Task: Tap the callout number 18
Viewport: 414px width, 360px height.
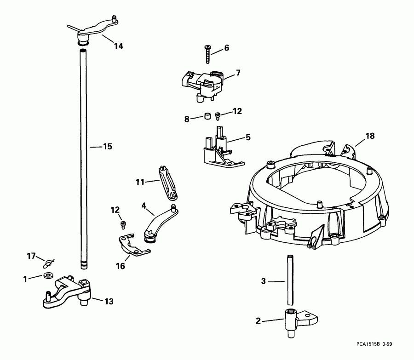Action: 370,136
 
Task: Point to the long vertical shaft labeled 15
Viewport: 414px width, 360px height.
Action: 84,152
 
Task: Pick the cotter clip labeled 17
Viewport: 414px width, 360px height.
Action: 48,263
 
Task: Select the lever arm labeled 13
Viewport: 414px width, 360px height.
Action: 67,292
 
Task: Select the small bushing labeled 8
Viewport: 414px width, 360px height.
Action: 207,115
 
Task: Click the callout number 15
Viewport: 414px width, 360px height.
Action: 107,147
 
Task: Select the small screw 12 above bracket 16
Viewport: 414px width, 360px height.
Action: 123,224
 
